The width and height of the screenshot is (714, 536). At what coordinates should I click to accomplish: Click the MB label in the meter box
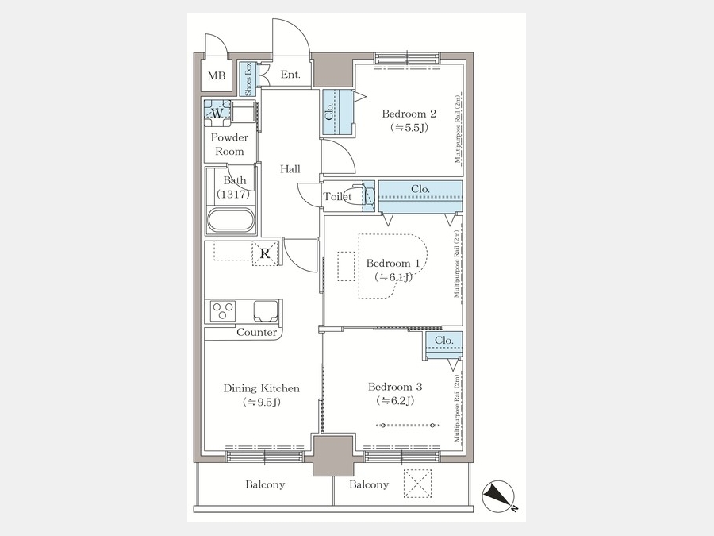pos(216,76)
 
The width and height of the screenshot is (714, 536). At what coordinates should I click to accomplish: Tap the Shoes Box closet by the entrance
pos(247,79)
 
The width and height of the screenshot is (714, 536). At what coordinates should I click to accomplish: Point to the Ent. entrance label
pos(290,76)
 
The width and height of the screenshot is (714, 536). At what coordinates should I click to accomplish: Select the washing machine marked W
pos(216,113)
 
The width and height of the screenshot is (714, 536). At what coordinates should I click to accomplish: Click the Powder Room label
pos(229,144)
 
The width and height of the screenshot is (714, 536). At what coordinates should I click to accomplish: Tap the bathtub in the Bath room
pos(231,219)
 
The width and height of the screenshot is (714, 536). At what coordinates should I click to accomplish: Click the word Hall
pos(290,169)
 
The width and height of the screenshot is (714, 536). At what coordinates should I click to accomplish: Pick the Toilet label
pos(337,197)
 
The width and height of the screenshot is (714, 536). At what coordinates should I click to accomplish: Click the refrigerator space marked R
pos(267,254)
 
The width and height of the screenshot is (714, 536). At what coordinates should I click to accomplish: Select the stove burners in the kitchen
pos(222,309)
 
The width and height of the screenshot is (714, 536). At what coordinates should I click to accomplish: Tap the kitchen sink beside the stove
pos(267,309)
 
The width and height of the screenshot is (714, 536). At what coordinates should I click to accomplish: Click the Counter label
pos(256,333)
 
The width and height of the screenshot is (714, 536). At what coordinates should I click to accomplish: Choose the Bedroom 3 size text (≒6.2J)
pos(394,400)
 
